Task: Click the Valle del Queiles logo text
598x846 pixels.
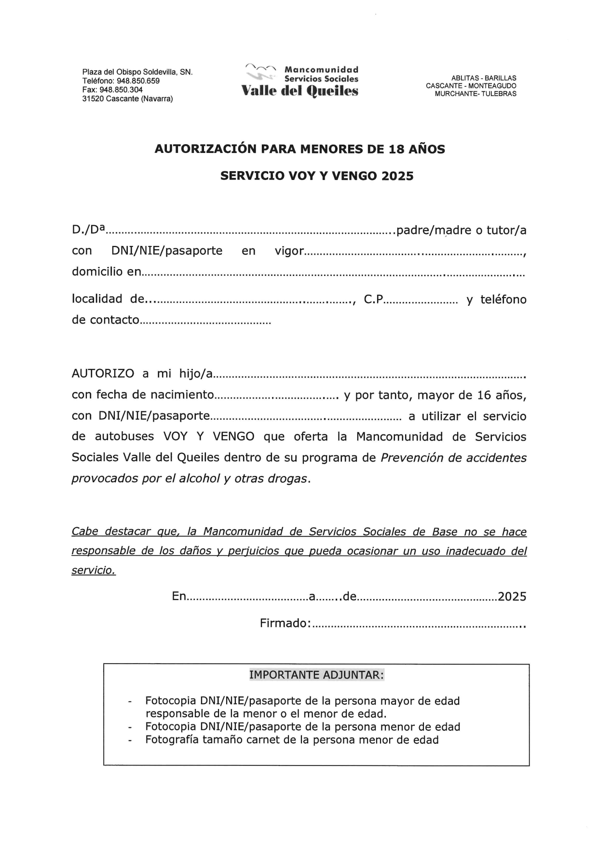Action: point(299,91)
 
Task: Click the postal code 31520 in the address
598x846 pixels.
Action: point(93,99)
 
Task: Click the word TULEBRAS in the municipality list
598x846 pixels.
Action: point(499,94)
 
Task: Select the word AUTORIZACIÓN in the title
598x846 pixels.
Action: point(206,149)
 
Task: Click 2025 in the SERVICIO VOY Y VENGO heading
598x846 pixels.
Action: point(397,176)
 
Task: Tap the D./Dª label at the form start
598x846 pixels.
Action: point(88,230)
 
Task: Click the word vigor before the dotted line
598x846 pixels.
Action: point(289,251)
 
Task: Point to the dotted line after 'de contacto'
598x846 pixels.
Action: point(205,321)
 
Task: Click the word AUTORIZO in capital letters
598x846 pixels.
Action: point(103,374)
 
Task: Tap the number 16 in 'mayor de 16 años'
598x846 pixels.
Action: point(484,396)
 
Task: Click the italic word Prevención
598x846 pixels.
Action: point(412,458)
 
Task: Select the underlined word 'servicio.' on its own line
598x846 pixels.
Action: point(94,571)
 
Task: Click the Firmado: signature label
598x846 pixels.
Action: point(285,623)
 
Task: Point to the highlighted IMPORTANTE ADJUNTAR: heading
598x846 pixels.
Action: point(316,675)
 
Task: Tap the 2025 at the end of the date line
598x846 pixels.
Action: point(512,597)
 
